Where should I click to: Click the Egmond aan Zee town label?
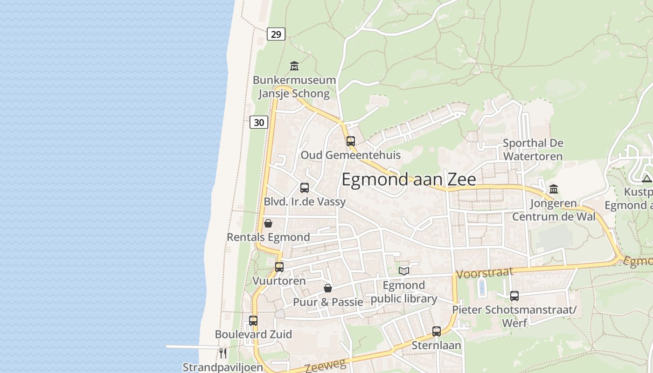pos(409,180)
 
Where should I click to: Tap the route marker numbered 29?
pos(276,34)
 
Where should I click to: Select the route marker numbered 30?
pos(259,123)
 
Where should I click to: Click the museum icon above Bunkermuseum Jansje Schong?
pos(294,66)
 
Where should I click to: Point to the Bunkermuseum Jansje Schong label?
pos(294,87)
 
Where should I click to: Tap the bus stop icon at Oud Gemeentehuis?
pos(351,141)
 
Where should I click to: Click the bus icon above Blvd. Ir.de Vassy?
pos(305,188)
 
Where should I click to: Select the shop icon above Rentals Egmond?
pos(268,223)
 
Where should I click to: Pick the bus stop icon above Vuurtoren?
pos(279,267)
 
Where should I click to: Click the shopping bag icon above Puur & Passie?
pos(328,288)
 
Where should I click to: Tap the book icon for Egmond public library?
pos(404,271)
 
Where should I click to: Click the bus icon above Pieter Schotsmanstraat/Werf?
pos(514,296)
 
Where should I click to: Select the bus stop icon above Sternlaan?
pos(437,332)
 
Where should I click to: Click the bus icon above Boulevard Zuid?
pos(253,321)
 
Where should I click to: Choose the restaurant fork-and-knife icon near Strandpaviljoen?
pos(223,353)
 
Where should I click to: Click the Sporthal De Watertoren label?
pos(533,150)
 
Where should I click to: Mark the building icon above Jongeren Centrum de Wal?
pos(554,189)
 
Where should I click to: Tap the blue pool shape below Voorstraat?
pos(482,287)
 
